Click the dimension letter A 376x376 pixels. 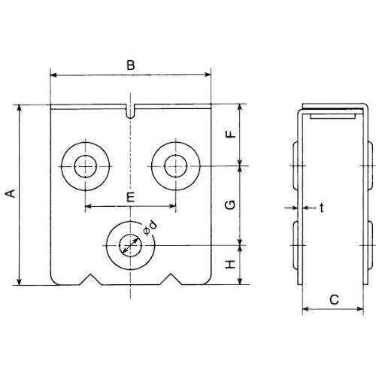click(x=11, y=193)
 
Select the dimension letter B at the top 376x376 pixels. click(x=130, y=66)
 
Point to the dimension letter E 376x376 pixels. click(x=130, y=198)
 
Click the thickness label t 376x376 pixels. click(x=321, y=208)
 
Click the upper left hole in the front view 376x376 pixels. click(x=86, y=165)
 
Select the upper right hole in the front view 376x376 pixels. click(x=176, y=165)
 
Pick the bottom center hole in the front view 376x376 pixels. click(x=131, y=246)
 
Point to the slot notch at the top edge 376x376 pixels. click(x=132, y=112)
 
